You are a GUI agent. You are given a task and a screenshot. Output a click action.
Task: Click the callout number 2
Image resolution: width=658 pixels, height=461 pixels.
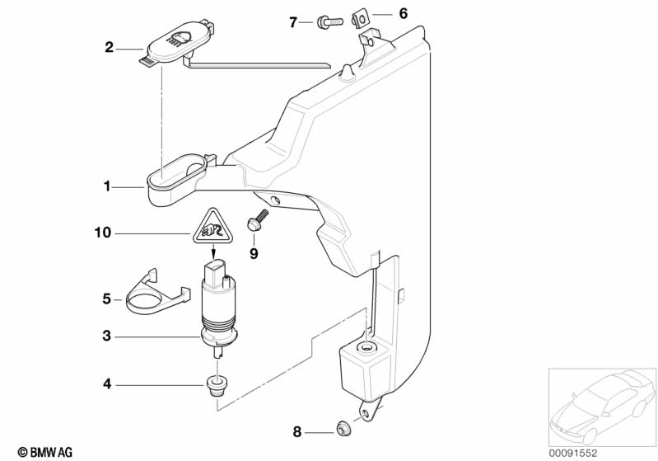(x=109, y=47)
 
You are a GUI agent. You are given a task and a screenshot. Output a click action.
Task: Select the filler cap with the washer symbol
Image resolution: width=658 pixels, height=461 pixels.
(x=177, y=42)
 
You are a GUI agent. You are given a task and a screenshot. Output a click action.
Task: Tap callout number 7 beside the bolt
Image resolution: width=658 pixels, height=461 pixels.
(x=293, y=22)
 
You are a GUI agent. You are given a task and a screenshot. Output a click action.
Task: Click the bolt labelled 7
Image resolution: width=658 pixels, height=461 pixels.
(x=330, y=21)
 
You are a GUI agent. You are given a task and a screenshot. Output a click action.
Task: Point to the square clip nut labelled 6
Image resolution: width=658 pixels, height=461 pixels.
(x=360, y=19)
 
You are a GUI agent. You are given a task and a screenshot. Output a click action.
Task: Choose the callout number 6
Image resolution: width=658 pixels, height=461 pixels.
(x=403, y=14)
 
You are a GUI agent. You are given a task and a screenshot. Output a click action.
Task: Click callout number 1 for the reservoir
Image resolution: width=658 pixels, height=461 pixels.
(x=107, y=186)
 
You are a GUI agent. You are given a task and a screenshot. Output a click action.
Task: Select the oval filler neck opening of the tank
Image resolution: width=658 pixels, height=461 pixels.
(x=176, y=172)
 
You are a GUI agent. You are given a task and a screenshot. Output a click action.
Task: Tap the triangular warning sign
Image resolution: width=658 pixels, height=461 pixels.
(x=213, y=226)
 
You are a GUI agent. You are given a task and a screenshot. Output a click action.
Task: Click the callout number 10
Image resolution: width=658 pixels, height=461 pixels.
(x=103, y=233)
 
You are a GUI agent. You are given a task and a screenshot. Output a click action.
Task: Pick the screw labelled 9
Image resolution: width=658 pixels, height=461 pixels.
(x=257, y=220)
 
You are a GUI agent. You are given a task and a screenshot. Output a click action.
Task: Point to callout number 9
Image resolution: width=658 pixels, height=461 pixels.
(x=254, y=254)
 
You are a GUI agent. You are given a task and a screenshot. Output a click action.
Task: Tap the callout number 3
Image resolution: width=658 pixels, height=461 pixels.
(x=107, y=336)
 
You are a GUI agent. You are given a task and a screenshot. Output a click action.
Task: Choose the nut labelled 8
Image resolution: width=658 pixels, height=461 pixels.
(x=343, y=429)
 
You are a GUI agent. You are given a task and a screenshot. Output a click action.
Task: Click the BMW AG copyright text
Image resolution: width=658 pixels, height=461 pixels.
(x=45, y=452)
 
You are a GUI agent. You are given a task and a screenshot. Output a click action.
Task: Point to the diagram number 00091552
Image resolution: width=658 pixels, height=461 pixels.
(x=573, y=453)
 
